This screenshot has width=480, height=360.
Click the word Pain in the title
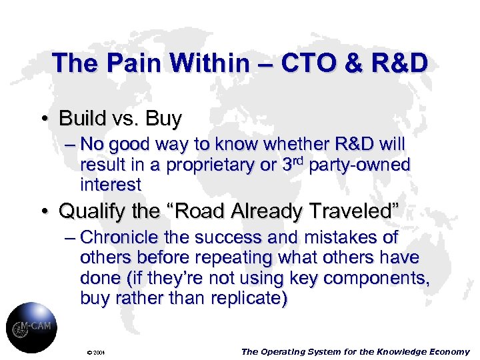[x=133, y=63]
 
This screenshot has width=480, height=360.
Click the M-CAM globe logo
[x=31, y=327]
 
